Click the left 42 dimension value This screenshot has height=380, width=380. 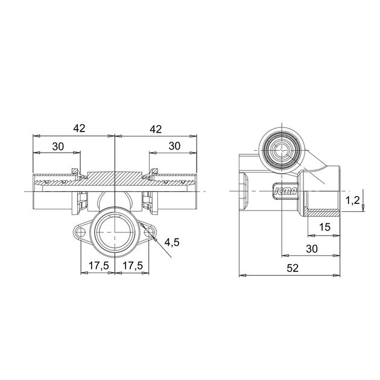click(80, 128)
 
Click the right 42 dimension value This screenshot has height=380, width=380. click(156, 129)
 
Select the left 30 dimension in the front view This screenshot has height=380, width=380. click(58, 147)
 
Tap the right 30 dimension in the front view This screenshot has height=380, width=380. click(174, 146)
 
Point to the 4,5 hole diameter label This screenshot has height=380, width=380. click(172, 242)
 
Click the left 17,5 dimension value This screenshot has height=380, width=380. click(98, 266)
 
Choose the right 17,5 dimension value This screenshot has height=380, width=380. click(133, 266)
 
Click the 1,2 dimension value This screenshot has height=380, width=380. click(353, 200)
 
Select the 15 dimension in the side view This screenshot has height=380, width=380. click(325, 227)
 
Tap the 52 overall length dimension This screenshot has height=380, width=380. click(293, 268)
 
